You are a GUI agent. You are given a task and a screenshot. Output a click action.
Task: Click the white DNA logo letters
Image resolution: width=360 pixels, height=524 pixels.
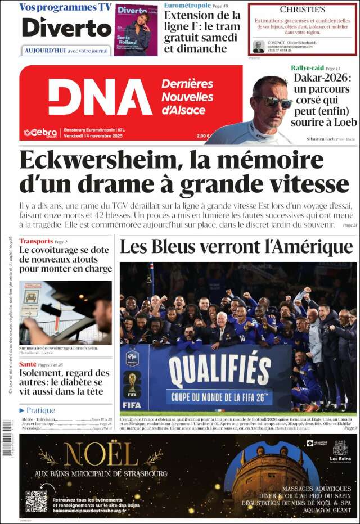tap(100, 97)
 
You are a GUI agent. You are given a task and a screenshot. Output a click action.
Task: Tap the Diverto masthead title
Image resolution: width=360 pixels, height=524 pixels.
tap(67, 27)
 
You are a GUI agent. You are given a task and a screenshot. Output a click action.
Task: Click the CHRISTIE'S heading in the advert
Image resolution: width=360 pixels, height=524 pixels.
tap(303, 10)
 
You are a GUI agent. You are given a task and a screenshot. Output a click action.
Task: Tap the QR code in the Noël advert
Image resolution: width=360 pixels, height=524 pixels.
tap(37, 501)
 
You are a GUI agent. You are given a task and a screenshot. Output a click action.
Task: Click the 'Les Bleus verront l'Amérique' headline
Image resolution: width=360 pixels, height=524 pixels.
tap(236, 247)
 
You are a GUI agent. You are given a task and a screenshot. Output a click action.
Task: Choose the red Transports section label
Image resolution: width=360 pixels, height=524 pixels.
tap(36, 241)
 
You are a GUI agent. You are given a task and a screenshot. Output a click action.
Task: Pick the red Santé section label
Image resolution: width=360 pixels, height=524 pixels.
tap(28, 364)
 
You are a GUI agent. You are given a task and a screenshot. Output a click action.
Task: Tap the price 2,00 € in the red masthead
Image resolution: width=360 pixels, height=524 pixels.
tap(203, 135)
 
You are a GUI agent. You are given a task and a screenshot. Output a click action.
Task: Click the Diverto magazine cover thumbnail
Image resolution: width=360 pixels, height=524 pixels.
tap(136, 29)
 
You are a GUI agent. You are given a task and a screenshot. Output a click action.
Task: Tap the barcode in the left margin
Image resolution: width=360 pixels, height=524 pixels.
tap(7, 439)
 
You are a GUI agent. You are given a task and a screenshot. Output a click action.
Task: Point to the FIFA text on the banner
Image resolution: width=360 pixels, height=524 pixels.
tap(132, 404)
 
